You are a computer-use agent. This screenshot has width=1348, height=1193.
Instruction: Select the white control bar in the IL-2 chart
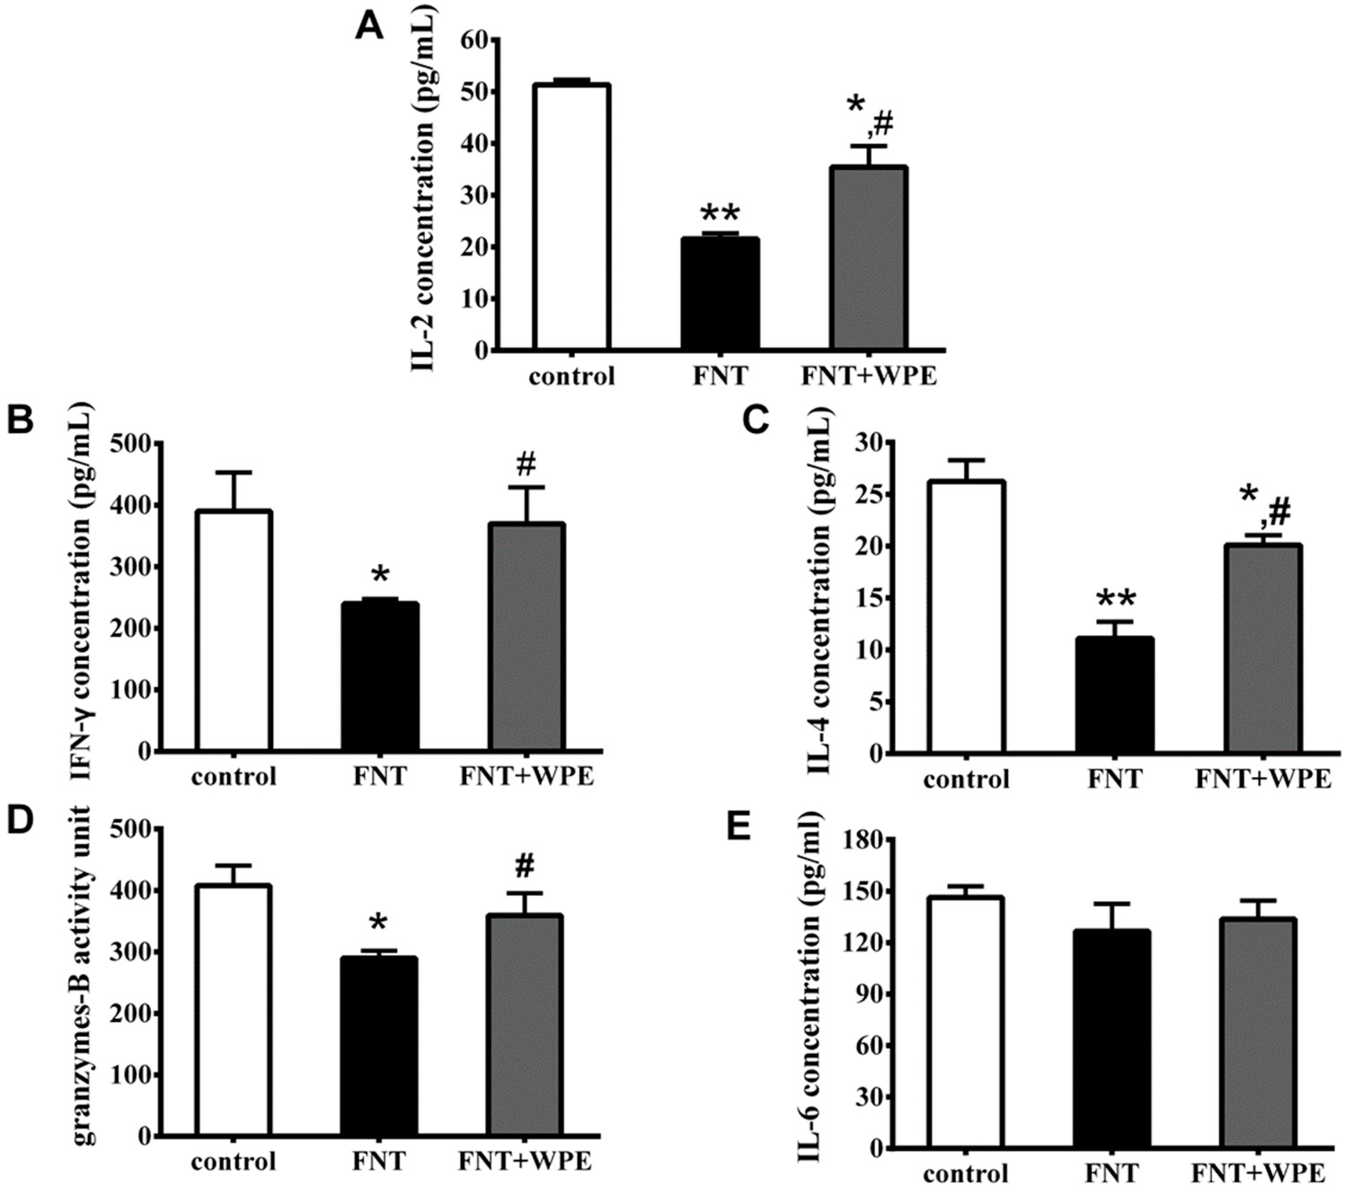click(572, 217)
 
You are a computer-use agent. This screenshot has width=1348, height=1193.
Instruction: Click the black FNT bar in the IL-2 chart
click(720, 293)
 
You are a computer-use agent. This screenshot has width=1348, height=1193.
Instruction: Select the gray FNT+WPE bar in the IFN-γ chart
click(526, 636)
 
